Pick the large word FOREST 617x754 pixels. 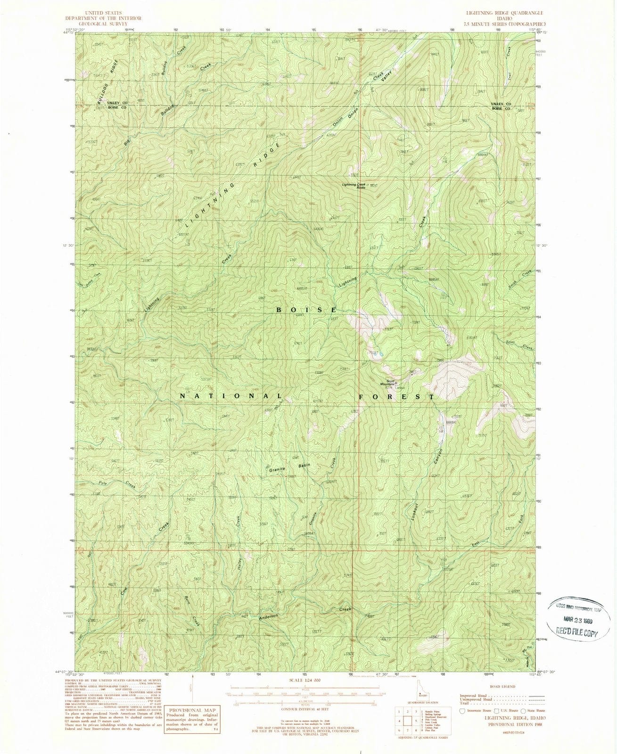(x=396, y=397)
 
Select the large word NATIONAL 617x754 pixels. (x=231, y=396)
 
